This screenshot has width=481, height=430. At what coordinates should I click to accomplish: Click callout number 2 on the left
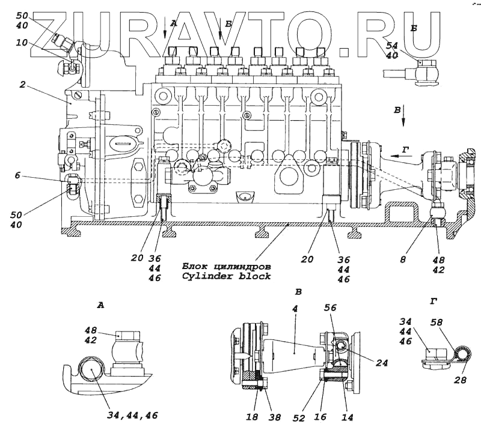22,85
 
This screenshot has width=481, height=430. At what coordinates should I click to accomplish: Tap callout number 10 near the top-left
22,43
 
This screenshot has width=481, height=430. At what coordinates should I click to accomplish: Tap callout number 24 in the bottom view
382,362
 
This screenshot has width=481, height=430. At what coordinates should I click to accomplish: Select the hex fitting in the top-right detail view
425,72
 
